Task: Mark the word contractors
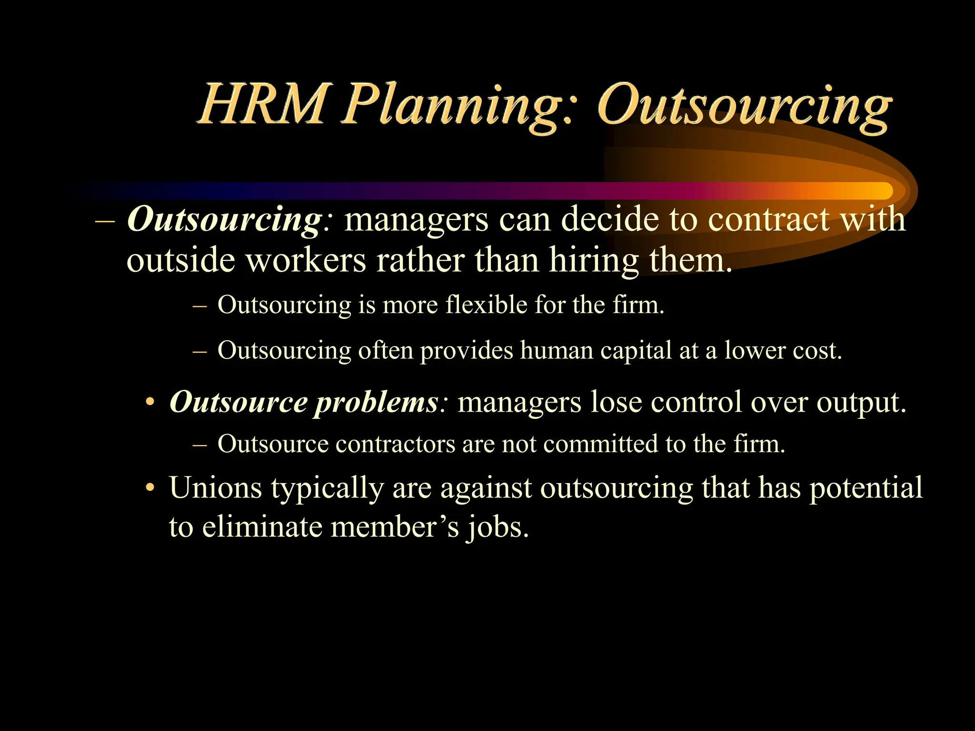395,444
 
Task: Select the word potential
866,488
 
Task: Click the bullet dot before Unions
150,487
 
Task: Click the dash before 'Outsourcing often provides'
200,351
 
